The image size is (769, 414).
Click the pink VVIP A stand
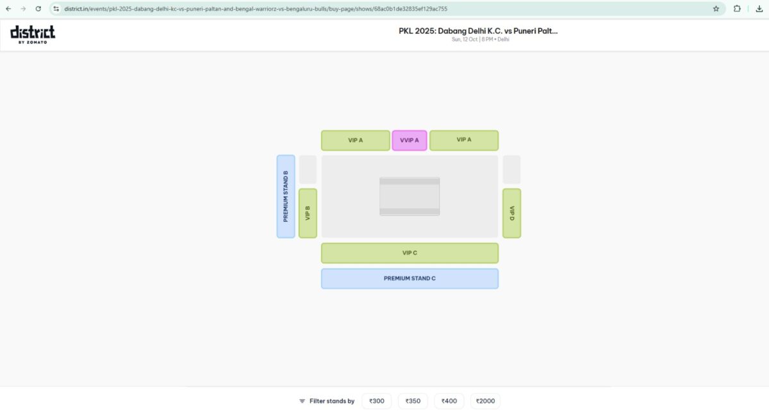[409, 140]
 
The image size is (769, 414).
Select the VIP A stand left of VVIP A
[355, 140]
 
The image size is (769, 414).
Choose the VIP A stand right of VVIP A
[464, 140]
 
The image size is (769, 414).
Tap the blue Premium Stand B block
[286, 196]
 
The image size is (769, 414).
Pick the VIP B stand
[308, 213]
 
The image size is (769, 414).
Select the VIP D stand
[511, 213]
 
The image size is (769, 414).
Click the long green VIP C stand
[409, 253]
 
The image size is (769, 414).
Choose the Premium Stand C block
[409, 279]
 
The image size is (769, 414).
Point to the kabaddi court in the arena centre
[409, 196]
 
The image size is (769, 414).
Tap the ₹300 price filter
[377, 401]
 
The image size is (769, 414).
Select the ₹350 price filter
[413, 401]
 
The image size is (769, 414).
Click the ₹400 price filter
[449, 401]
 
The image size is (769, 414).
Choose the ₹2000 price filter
[485, 401]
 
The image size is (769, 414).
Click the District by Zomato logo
[33, 34]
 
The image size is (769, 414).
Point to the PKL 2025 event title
[478, 30]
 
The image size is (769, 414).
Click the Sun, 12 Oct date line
[480, 40]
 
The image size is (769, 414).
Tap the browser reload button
[38, 9]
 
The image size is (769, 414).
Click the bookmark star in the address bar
[716, 9]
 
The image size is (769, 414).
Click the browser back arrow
[8, 9]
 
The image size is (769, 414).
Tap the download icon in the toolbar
[759, 9]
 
